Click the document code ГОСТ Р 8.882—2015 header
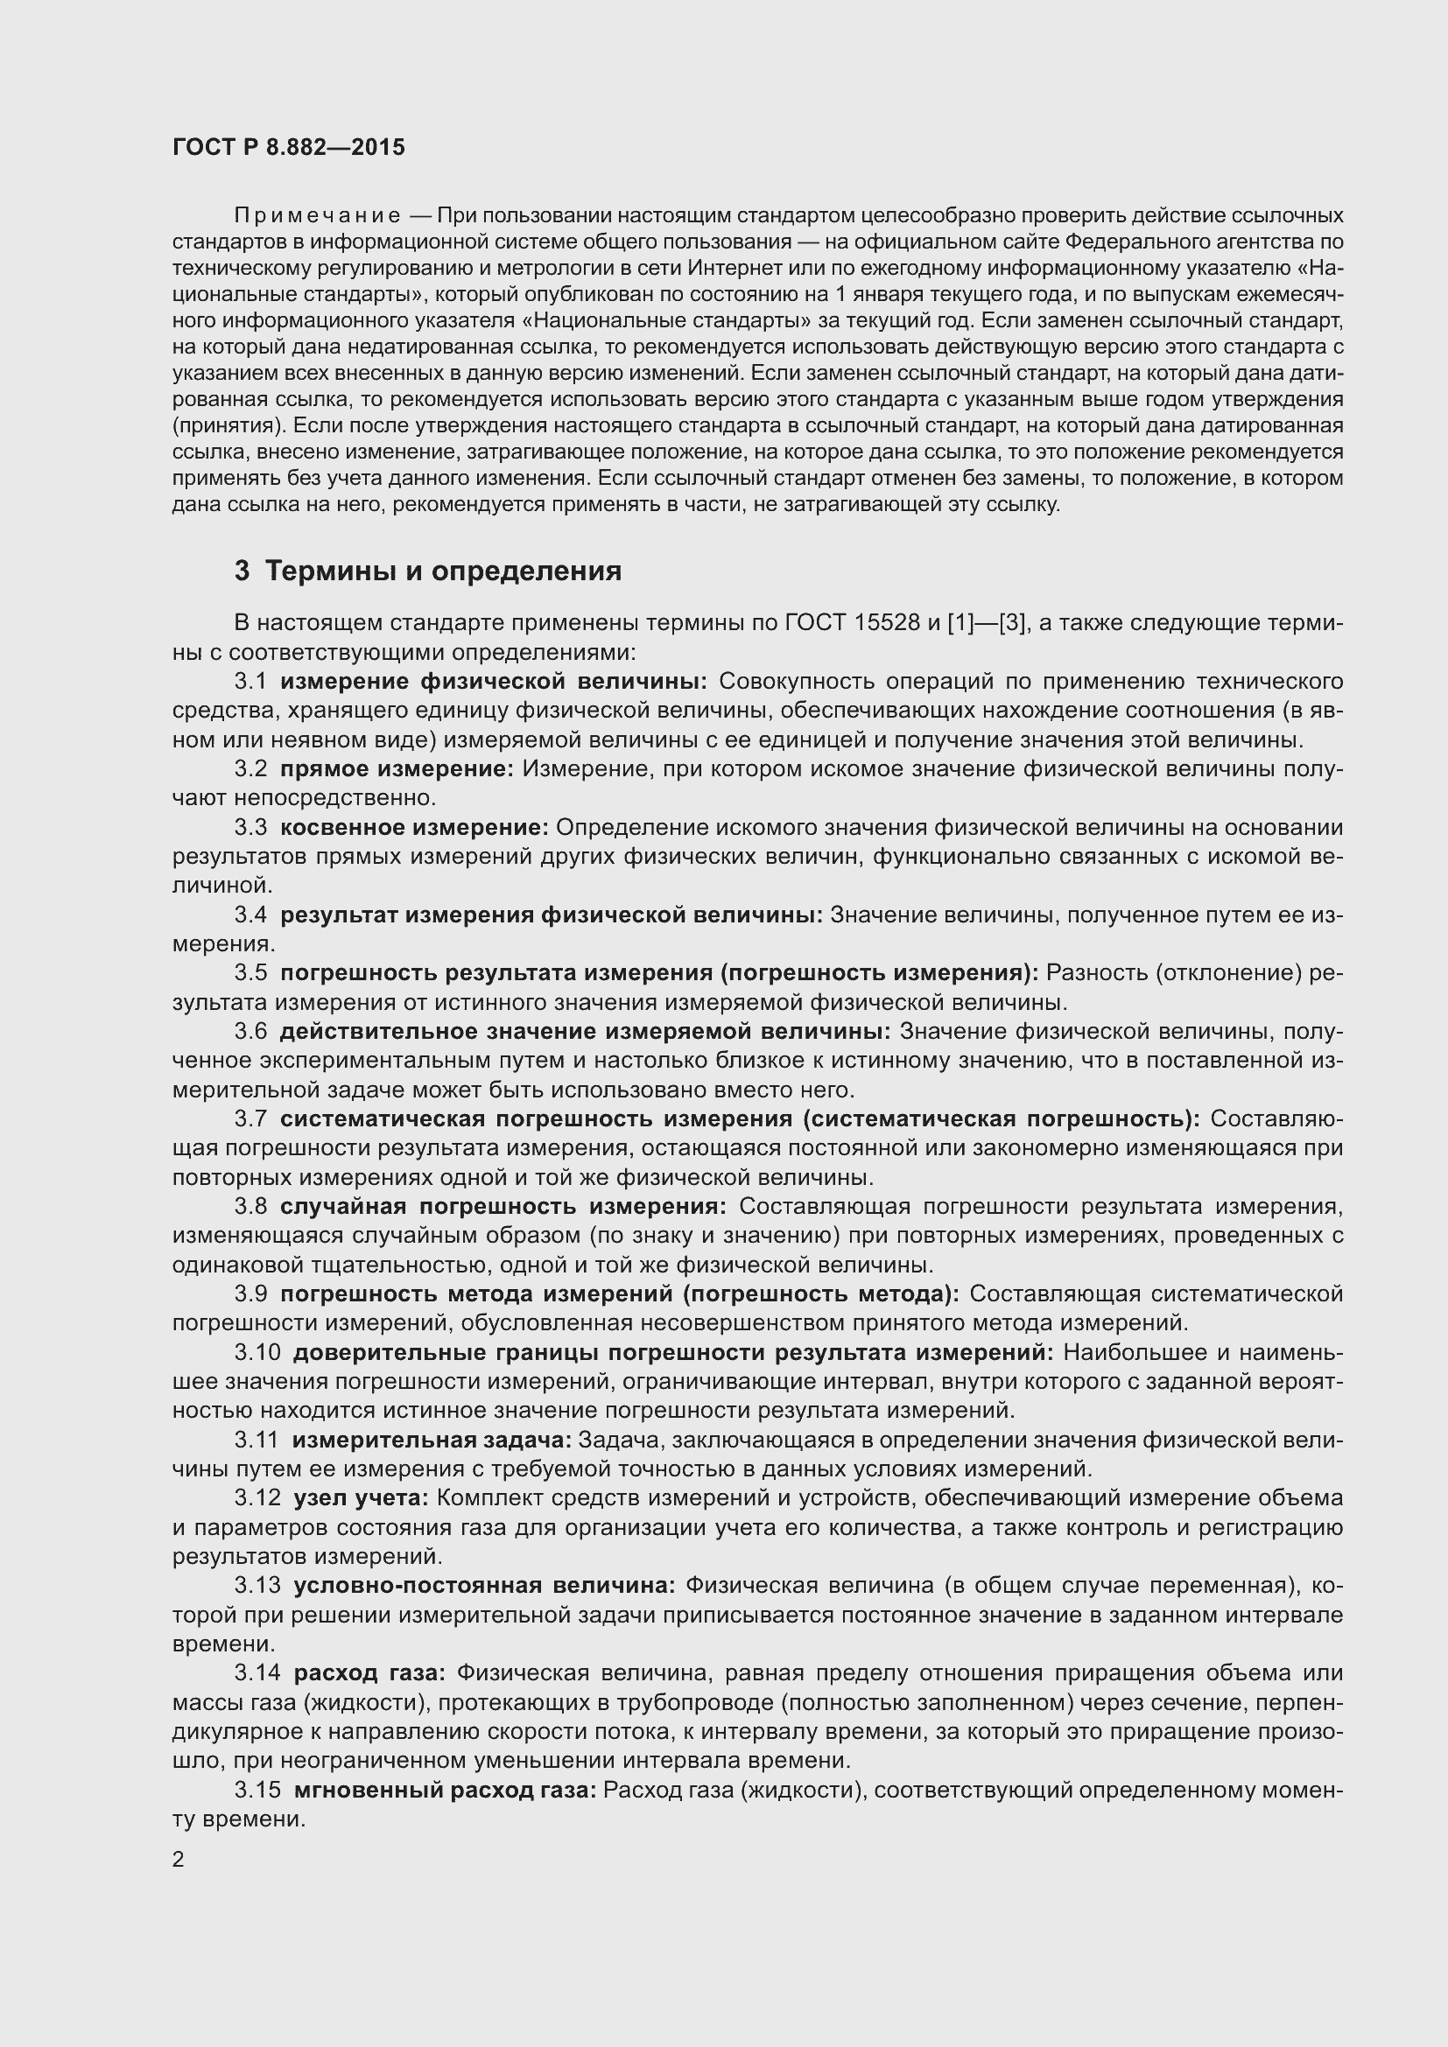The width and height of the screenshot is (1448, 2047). pyautogui.click(x=288, y=147)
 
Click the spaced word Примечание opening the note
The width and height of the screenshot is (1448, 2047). pyautogui.click(x=317, y=217)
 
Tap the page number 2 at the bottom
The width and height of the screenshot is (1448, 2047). pyautogui.click(x=179, y=1860)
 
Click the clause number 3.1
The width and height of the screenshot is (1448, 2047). pyautogui.click(x=250, y=682)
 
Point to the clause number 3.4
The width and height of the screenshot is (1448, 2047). pyautogui.click(x=250, y=915)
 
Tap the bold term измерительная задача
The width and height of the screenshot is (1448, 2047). pyautogui.click(x=432, y=1441)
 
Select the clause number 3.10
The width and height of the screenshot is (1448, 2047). pyautogui.click(x=257, y=1353)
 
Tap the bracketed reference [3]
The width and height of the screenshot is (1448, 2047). pyautogui.click(x=1011, y=623)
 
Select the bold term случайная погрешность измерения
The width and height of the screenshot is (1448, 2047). pyautogui.click(x=503, y=1207)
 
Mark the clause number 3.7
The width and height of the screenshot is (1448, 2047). pyautogui.click(x=250, y=1120)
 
